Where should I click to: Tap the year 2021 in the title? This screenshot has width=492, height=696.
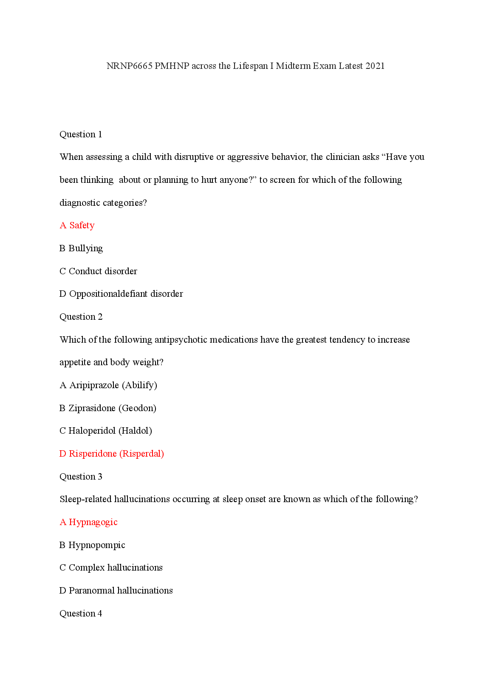click(x=375, y=66)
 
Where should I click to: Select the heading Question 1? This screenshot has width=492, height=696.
click(x=81, y=134)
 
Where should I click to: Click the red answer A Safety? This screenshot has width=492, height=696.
click(x=77, y=225)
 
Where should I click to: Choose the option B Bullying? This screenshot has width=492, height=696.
click(x=81, y=248)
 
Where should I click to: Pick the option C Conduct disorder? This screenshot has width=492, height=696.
click(x=98, y=271)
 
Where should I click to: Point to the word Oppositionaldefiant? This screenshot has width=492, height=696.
click(x=108, y=294)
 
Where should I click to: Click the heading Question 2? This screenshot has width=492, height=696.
click(x=81, y=317)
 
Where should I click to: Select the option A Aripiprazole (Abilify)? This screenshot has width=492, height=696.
click(x=108, y=385)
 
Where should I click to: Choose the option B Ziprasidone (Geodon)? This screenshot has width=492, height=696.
click(x=108, y=408)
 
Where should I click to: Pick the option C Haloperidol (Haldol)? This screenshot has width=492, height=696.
click(x=106, y=431)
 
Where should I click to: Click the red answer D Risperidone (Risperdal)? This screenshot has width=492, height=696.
click(x=111, y=454)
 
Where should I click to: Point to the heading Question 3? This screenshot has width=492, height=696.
click(x=81, y=477)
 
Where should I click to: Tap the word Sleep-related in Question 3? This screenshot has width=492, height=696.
click(x=85, y=499)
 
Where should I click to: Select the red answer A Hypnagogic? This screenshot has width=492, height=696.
click(x=88, y=522)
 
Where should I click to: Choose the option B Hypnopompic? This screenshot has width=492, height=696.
click(x=92, y=545)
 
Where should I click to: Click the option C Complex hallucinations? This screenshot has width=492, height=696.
click(x=111, y=568)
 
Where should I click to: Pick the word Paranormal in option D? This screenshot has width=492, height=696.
click(x=91, y=591)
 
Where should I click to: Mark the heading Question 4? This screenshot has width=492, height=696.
click(x=81, y=614)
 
